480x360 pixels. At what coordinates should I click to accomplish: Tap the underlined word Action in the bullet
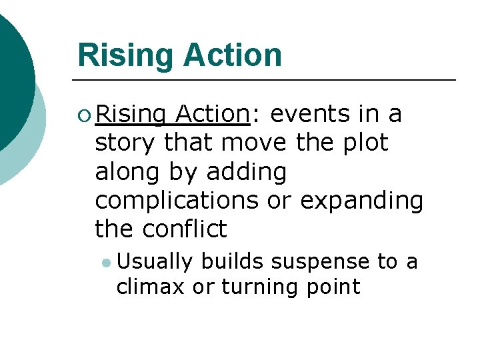coord(211,115)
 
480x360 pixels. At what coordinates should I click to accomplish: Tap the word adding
coord(246,172)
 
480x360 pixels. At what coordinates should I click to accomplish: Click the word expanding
coord(361,201)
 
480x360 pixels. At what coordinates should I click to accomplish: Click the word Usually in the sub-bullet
coord(153,262)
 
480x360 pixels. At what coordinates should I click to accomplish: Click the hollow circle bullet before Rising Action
coord(83,115)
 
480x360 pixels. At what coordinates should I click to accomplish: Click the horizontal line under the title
coord(267,80)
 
